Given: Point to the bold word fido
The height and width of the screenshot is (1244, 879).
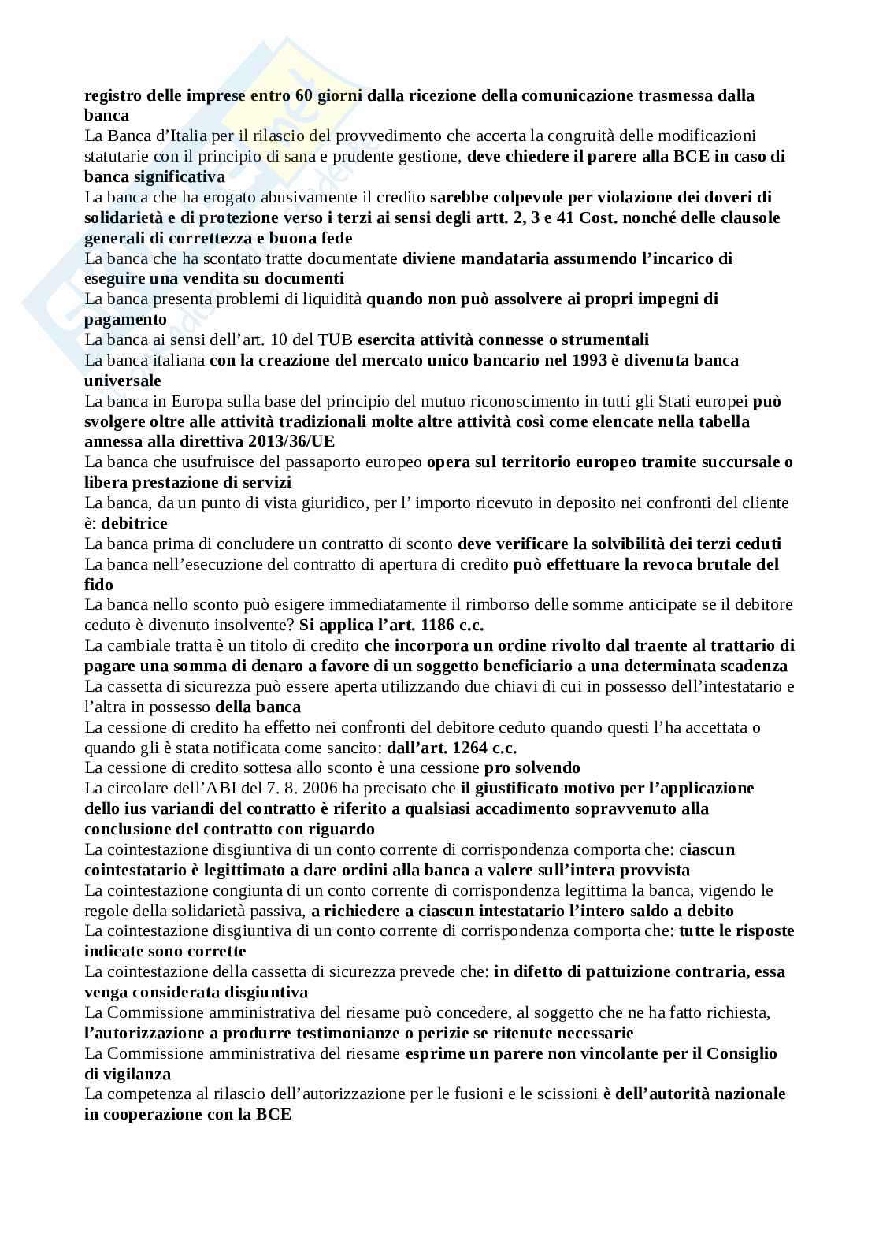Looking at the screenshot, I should click(98, 585).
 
